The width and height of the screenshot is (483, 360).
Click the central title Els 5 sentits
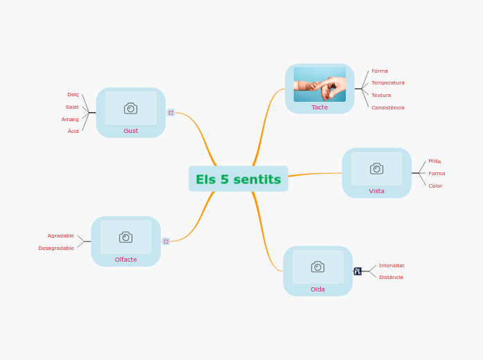click(238, 179)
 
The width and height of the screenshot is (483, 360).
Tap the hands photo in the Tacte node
click(319, 84)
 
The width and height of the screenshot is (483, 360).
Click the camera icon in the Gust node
click(130, 108)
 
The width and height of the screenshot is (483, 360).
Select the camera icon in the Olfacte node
click(125, 237)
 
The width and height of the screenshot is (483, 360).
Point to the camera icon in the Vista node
click(376, 168)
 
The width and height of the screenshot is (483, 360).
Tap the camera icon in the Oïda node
click(317, 267)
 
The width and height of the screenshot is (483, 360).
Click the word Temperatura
click(387, 82)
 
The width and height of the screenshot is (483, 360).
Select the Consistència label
click(387, 107)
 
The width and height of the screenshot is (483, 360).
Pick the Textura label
click(380, 95)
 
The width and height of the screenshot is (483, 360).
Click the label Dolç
click(73, 94)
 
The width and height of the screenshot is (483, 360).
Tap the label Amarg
click(70, 119)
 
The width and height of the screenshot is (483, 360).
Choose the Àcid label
click(73, 131)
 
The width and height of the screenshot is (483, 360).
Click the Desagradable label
click(56, 248)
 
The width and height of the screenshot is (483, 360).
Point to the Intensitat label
click(392, 265)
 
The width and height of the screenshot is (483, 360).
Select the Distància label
click(391, 277)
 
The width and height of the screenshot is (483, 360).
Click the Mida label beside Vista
click(434, 161)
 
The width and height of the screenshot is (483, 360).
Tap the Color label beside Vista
click(434, 186)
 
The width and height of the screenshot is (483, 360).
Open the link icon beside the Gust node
click(171, 112)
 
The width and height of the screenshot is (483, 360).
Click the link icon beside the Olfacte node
click(166, 241)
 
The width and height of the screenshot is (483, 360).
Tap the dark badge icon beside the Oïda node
click(358, 271)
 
